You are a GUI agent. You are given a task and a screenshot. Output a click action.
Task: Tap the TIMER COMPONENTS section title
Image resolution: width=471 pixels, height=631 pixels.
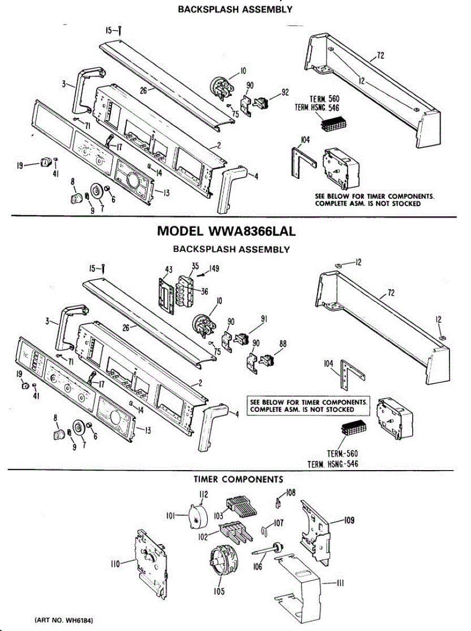[x=238, y=479]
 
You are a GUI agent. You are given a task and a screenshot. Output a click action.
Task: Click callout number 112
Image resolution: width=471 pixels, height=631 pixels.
[x=203, y=494]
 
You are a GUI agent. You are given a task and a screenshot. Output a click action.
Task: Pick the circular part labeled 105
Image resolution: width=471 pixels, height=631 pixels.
[x=223, y=561]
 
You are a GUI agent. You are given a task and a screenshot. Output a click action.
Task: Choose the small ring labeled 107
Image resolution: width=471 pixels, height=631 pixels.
[x=264, y=531]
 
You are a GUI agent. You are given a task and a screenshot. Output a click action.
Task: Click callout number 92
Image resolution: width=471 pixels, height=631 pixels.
[x=285, y=93]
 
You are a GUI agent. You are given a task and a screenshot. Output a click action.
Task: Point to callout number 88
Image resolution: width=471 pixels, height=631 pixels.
[x=283, y=344]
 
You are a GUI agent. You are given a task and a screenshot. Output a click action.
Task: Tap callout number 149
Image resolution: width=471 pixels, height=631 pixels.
[x=214, y=269]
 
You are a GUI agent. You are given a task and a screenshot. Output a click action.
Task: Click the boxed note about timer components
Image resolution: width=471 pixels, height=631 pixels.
[x=309, y=405]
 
